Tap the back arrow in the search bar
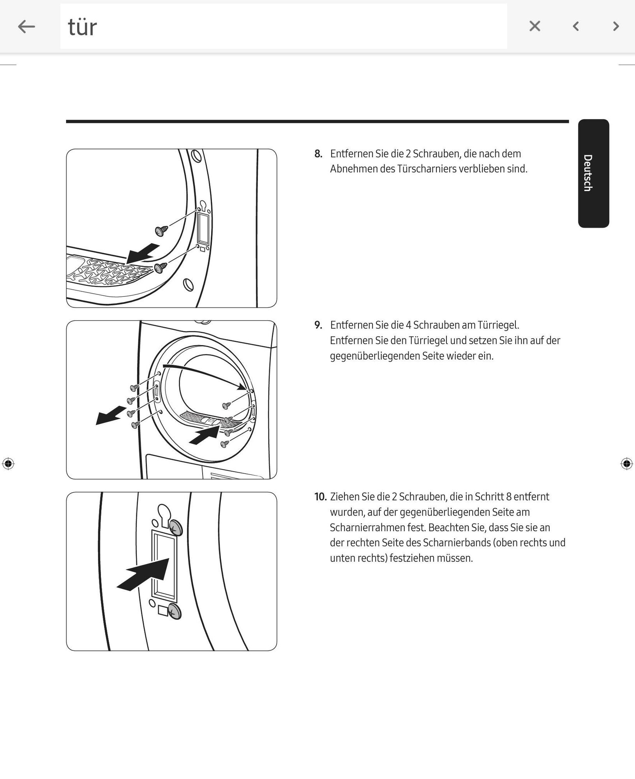(26, 26)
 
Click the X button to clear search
(535, 26)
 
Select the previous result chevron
(576, 26)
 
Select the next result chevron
(616, 26)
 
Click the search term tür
(82, 27)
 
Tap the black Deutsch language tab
(593, 173)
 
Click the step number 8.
(318, 154)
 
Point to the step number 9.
(318, 325)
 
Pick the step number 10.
(320, 497)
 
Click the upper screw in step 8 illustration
(161, 231)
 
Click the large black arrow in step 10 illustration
(143, 575)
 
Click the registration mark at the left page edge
(8, 464)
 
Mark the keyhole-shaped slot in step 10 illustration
(164, 514)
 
